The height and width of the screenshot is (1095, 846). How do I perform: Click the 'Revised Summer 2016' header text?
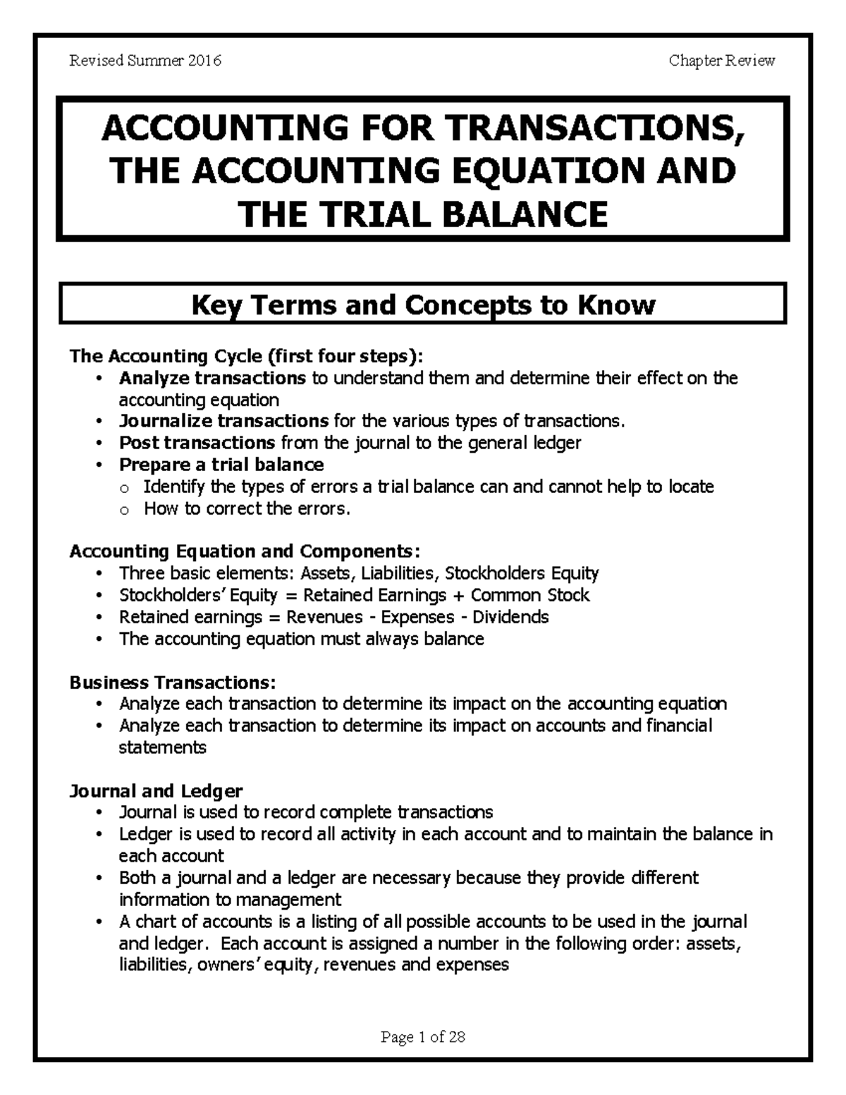(x=145, y=61)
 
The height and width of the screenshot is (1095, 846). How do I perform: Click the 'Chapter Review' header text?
(x=722, y=61)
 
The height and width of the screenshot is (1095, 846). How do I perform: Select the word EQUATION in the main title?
(x=556, y=171)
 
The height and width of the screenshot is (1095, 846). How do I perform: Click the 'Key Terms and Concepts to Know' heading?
(x=424, y=305)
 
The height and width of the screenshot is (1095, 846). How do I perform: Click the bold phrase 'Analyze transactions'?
(x=212, y=378)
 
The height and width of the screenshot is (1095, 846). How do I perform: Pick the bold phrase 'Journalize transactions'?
(x=223, y=421)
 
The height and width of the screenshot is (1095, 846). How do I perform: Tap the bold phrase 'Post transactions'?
(x=197, y=443)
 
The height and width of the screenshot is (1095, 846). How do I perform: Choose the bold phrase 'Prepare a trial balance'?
(x=221, y=465)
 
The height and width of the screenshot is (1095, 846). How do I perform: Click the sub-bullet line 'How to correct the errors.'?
(x=247, y=508)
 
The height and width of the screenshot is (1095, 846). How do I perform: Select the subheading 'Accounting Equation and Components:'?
(x=245, y=551)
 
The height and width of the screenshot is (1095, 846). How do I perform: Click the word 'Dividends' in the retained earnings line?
(x=510, y=617)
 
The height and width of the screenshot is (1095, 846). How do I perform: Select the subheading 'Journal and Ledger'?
(x=156, y=790)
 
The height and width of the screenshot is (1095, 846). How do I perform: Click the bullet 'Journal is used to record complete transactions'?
(x=306, y=812)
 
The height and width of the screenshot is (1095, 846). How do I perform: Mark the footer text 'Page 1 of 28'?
(x=423, y=1037)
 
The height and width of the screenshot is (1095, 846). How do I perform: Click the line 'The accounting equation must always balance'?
(x=301, y=639)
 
